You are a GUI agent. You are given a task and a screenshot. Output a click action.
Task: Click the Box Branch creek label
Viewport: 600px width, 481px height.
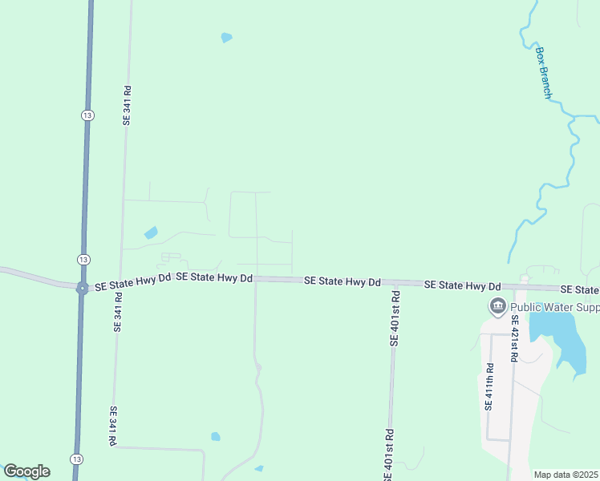pos(544,73)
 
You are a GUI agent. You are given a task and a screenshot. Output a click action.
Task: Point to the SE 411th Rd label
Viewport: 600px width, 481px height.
pos(489,386)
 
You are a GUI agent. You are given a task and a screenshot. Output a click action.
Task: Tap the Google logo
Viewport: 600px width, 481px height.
pos(26,471)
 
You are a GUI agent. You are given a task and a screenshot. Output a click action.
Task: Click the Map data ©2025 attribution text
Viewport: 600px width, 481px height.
pos(566,475)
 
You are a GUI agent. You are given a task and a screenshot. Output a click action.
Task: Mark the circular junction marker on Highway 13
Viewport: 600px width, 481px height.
pos(82,289)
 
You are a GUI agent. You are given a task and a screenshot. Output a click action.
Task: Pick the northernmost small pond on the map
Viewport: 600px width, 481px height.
pos(226,38)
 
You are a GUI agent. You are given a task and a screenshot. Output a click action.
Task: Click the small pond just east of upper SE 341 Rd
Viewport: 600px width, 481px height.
pos(151,233)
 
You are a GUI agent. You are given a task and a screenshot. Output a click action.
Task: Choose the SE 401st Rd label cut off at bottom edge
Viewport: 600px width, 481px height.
pos(388,457)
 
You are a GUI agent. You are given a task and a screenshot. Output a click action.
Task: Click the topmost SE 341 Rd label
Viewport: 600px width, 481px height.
pos(126,105)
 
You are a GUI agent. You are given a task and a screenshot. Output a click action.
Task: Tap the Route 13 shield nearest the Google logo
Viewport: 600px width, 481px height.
pos(75,458)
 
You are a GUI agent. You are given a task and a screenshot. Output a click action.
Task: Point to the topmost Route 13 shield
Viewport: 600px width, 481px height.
pos(86,115)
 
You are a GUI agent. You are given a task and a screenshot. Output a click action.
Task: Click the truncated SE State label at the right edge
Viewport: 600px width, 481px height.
pos(580,289)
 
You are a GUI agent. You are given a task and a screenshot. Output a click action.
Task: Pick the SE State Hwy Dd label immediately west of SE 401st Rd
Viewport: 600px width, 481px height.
pos(342,281)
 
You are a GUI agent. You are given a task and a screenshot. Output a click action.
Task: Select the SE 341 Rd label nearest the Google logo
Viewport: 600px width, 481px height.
pos(113,426)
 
